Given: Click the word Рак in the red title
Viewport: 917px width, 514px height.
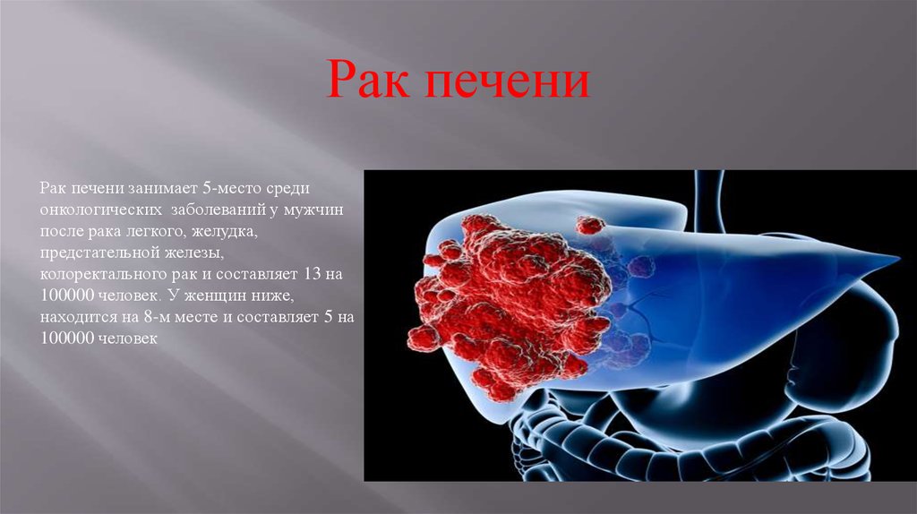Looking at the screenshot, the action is [366, 79].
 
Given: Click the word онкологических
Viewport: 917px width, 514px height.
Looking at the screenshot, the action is [101, 210].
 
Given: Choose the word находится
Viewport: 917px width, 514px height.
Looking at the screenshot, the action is [78, 317].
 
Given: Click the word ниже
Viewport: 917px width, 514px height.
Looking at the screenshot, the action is [276, 296].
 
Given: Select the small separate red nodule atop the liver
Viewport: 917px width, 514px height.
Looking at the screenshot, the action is [590, 225].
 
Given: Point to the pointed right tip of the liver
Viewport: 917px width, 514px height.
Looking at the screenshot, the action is [897, 257].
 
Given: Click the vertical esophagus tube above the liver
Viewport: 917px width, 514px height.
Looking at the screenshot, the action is [709, 199].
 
